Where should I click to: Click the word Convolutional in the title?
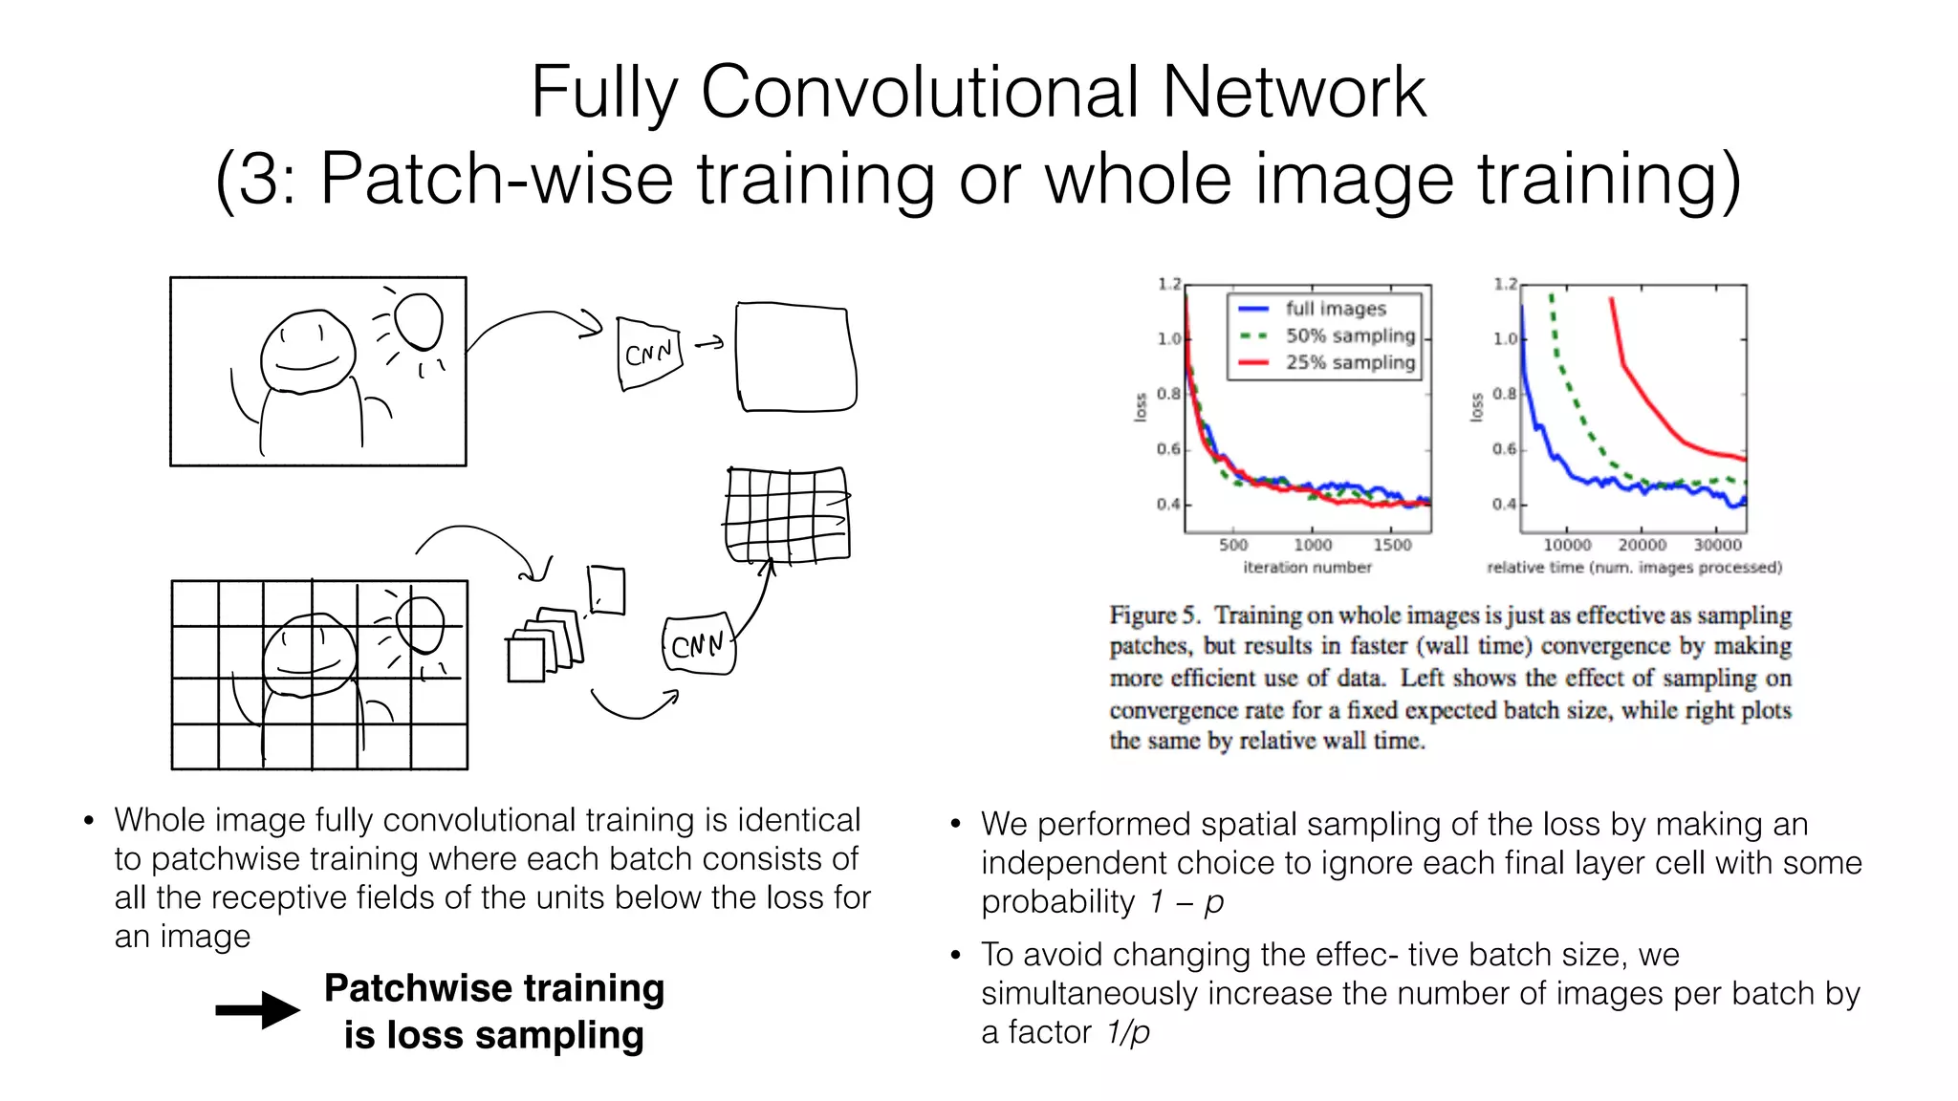click(x=919, y=92)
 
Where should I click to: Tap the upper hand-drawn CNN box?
click(x=650, y=354)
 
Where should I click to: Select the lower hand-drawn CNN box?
click(x=698, y=645)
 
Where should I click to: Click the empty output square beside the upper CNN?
click(x=794, y=357)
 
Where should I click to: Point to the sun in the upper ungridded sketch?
click(x=419, y=321)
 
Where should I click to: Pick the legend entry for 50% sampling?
click(x=1349, y=335)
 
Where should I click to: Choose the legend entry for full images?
click(x=1335, y=309)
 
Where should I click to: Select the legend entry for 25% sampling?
click(x=1349, y=362)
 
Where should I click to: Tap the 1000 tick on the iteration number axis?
click(x=1313, y=544)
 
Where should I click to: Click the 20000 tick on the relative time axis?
click(x=1642, y=544)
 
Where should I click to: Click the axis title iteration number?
click(x=1307, y=568)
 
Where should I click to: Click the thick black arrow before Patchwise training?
click(x=257, y=1010)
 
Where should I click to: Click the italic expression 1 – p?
click(x=1186, y=901)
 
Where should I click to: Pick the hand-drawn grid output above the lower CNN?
click(x=787, y=514)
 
